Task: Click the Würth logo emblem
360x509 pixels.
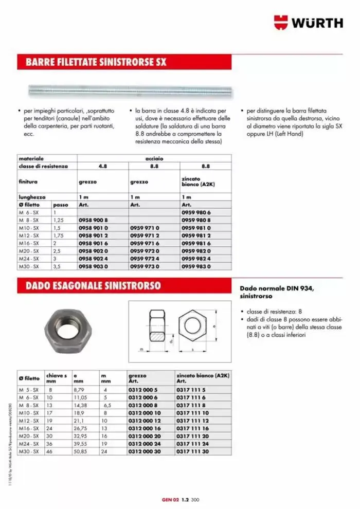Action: pos(282,22)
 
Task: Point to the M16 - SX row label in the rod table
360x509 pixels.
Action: pos(28,243)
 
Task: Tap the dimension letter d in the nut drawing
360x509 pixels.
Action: pos(171,341)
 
